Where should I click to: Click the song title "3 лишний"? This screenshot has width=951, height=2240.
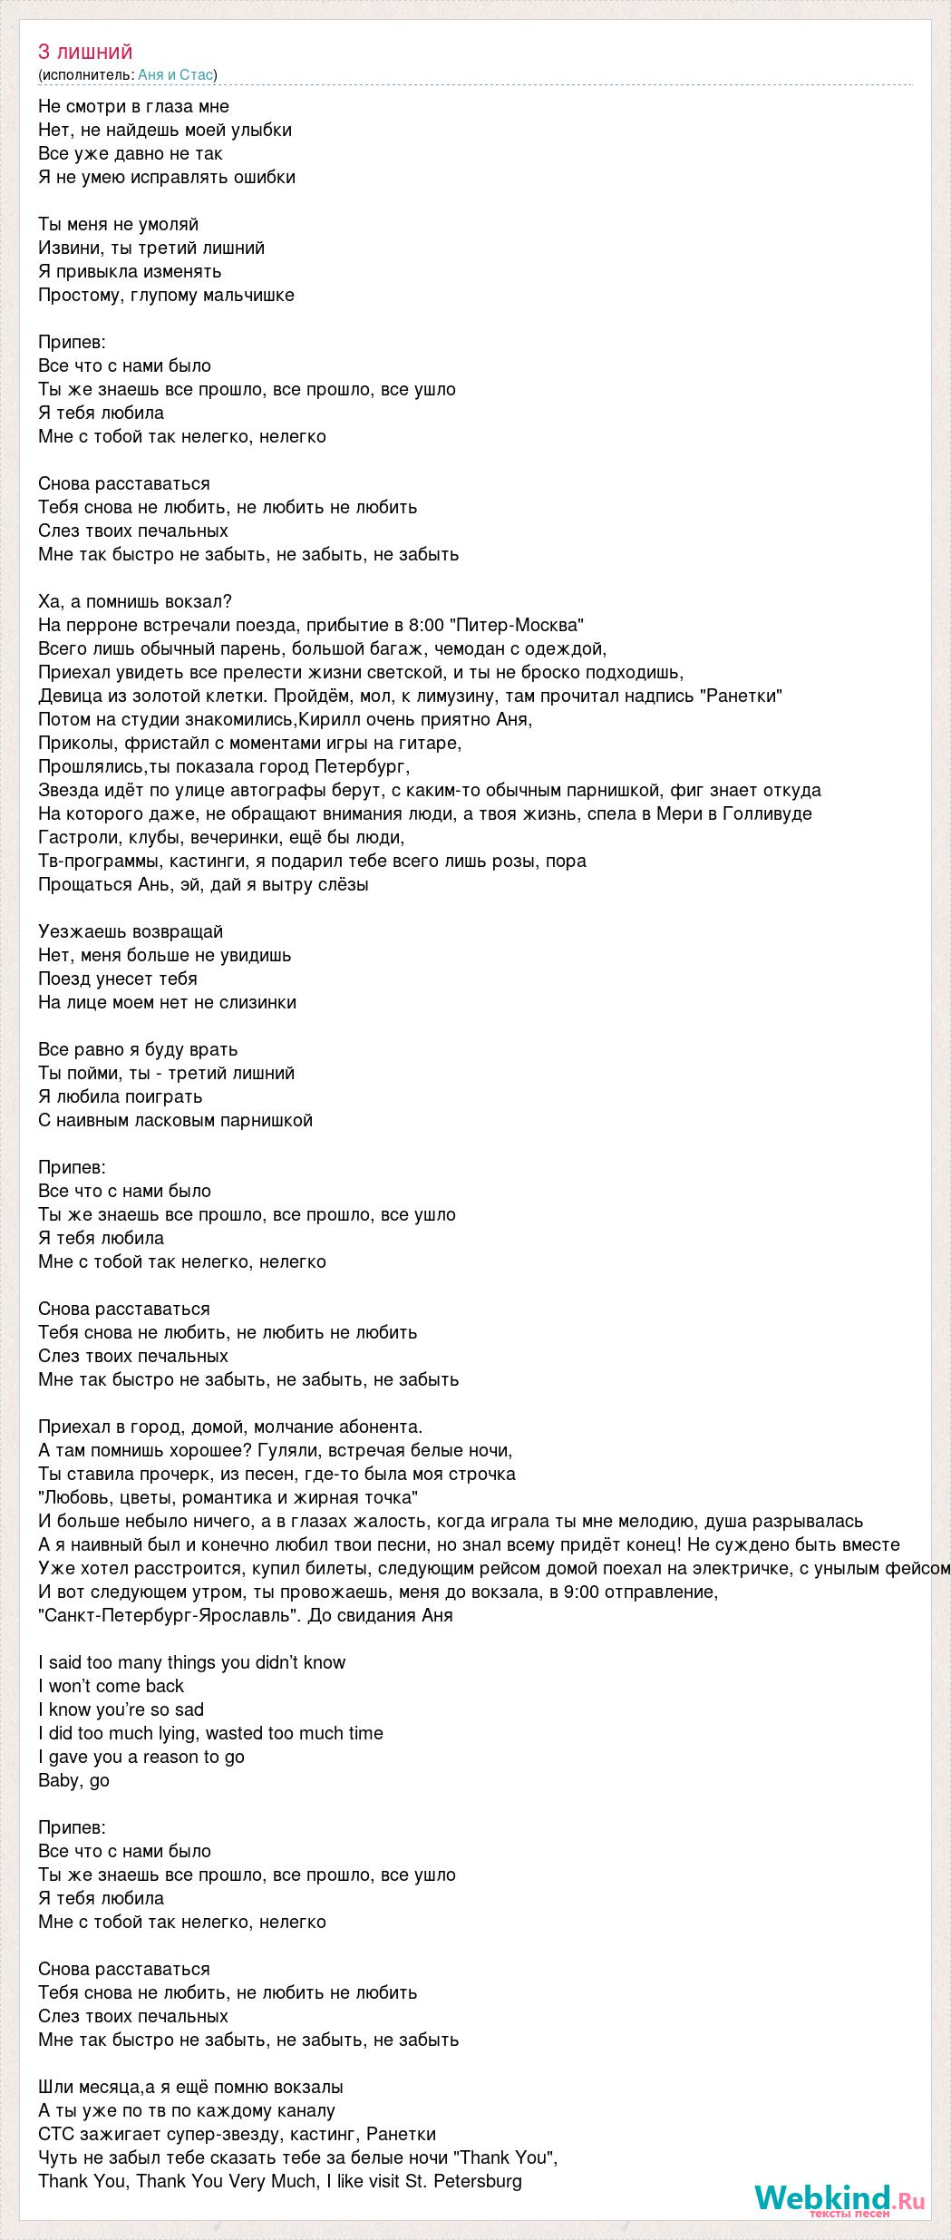pyautogui.click(x=85, y=52)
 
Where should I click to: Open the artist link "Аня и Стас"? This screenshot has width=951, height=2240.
pyautogui.click(x=177, y=75)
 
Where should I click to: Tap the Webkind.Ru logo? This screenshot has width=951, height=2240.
pyautogui.click(x=839, y=2197)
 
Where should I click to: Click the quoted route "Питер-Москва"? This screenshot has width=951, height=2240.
pyautogui.click(x=519, y=625)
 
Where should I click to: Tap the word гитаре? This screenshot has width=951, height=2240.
pyautogui.click(x=432, y=743)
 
